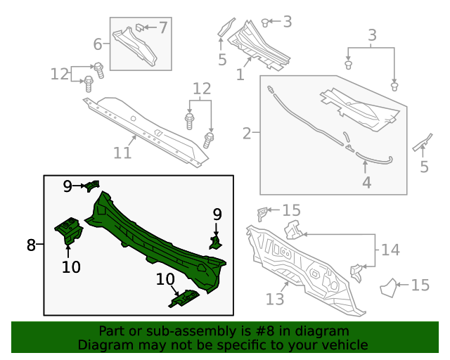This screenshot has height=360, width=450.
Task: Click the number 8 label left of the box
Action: coord(31,245)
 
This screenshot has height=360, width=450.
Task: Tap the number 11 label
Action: coord(123,153)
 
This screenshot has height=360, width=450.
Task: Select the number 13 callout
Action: coord(275,300)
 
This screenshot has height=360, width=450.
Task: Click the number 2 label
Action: coord(247,133)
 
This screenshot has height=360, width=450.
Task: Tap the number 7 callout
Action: coord(163,28)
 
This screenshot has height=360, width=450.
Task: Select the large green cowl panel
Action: coord(155,239)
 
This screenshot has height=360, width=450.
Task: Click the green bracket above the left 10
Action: coord(68,230)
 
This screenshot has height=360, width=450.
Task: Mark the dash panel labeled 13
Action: coord(302,260)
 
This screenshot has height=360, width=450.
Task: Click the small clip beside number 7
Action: coord(140,28)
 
